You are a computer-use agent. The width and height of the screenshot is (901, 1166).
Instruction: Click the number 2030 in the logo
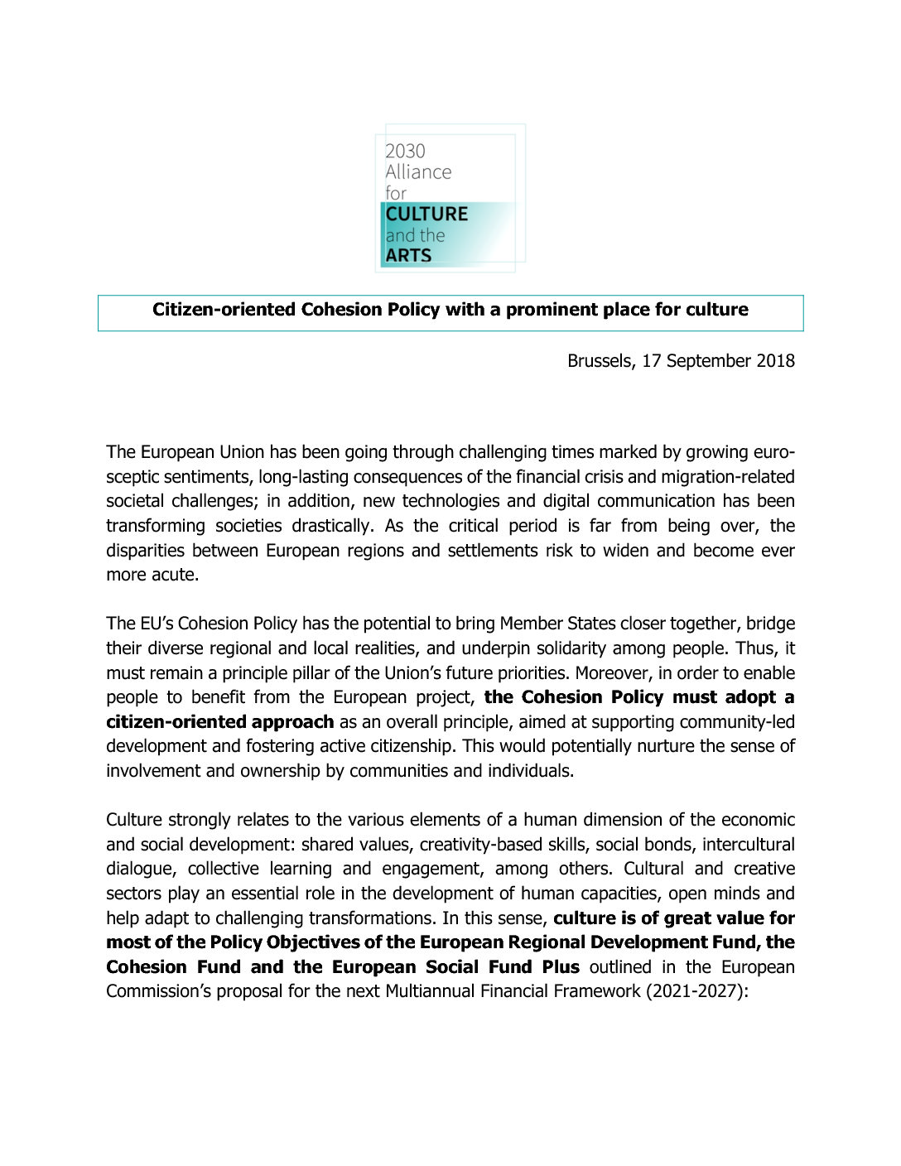405,151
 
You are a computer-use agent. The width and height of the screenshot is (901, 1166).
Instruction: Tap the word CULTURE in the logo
426,214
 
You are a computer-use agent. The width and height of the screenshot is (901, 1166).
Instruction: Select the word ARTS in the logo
408,255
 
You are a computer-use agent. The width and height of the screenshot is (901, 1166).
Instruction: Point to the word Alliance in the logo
418,171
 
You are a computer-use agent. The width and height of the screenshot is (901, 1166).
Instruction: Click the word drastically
331,526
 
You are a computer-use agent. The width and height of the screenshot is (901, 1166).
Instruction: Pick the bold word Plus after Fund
561,967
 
